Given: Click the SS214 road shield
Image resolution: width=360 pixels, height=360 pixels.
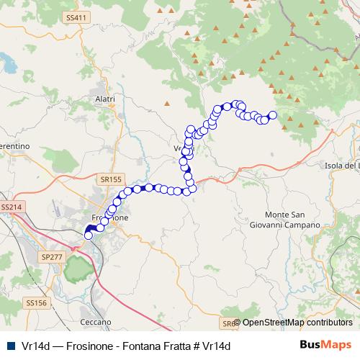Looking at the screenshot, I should coord(12,207).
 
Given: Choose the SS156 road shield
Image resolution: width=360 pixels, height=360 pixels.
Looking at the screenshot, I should coord(35,303).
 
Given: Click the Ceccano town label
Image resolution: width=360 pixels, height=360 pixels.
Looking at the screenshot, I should coord(96,321).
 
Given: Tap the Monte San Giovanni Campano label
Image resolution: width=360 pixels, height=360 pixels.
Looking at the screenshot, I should coord(292,220).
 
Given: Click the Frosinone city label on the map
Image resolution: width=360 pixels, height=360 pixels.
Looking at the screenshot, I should coord(110,217).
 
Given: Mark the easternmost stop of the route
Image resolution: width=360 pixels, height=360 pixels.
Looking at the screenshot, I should coord(273,115).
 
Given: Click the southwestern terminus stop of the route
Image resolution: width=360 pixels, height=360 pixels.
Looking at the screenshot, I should coord(89,235).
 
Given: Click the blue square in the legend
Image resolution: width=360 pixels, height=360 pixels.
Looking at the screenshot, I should coord(10,346).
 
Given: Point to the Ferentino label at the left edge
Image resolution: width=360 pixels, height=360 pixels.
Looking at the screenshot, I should coord(14,135).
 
